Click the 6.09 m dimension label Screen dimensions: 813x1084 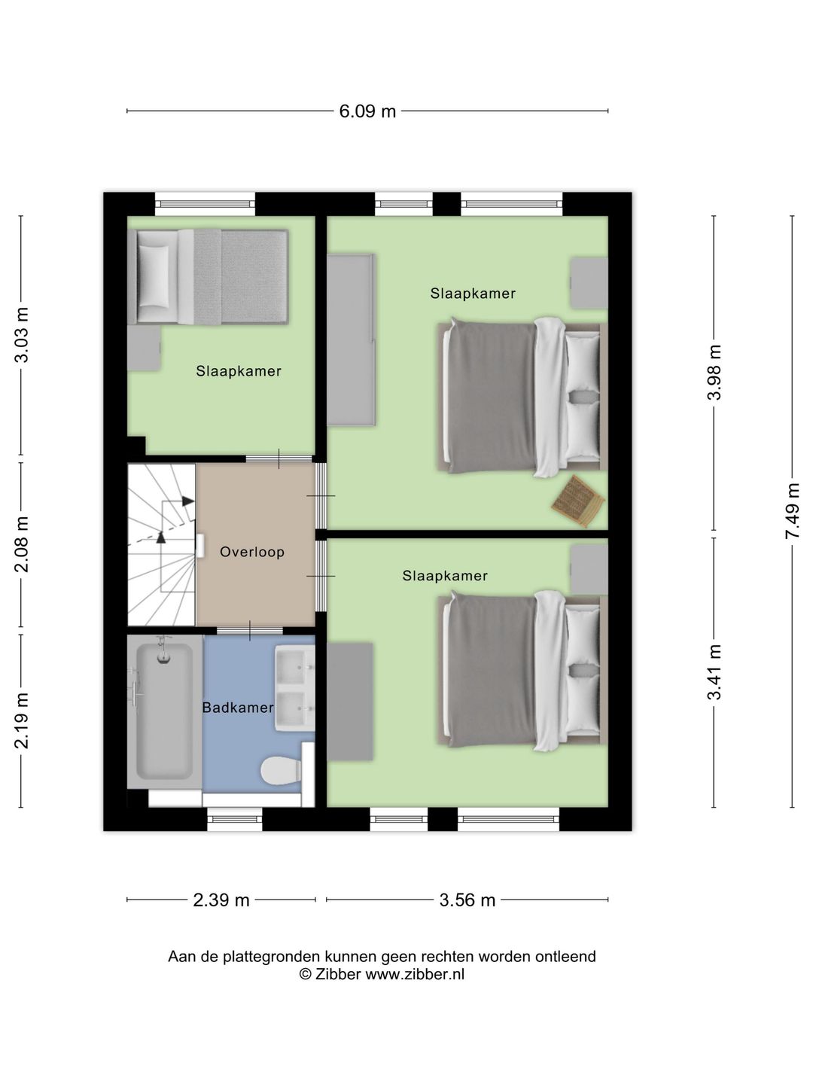tap(367, 111)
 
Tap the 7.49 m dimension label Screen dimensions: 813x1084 tap(792, 510)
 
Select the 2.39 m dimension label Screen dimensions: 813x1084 tap(221, 900)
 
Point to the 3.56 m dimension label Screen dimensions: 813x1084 tap(467, 900)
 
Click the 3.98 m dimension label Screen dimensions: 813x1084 tap(714, 373)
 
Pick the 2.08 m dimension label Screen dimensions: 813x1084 tap(21, 544)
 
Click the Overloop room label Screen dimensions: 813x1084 tap(252, 552)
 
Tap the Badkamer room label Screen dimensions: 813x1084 tap(238, 708)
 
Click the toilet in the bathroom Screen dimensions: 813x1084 tap(281, 769)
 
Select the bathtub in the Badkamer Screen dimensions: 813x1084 tap(164, 711)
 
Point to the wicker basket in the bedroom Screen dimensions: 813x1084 tap(578, 501)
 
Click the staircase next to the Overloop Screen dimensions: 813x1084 tap(162, 544)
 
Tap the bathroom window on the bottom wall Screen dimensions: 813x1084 tap(234, 819)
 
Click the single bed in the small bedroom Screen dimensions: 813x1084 tap(208, 276)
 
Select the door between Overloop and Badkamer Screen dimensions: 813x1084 tap(250, 630)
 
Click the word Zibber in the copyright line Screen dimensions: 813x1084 tap(338, 974)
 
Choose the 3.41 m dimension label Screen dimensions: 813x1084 tap(714, 672)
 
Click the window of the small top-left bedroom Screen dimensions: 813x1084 tap(205, 204)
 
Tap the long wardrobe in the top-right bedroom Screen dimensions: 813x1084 tap(351, 340)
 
